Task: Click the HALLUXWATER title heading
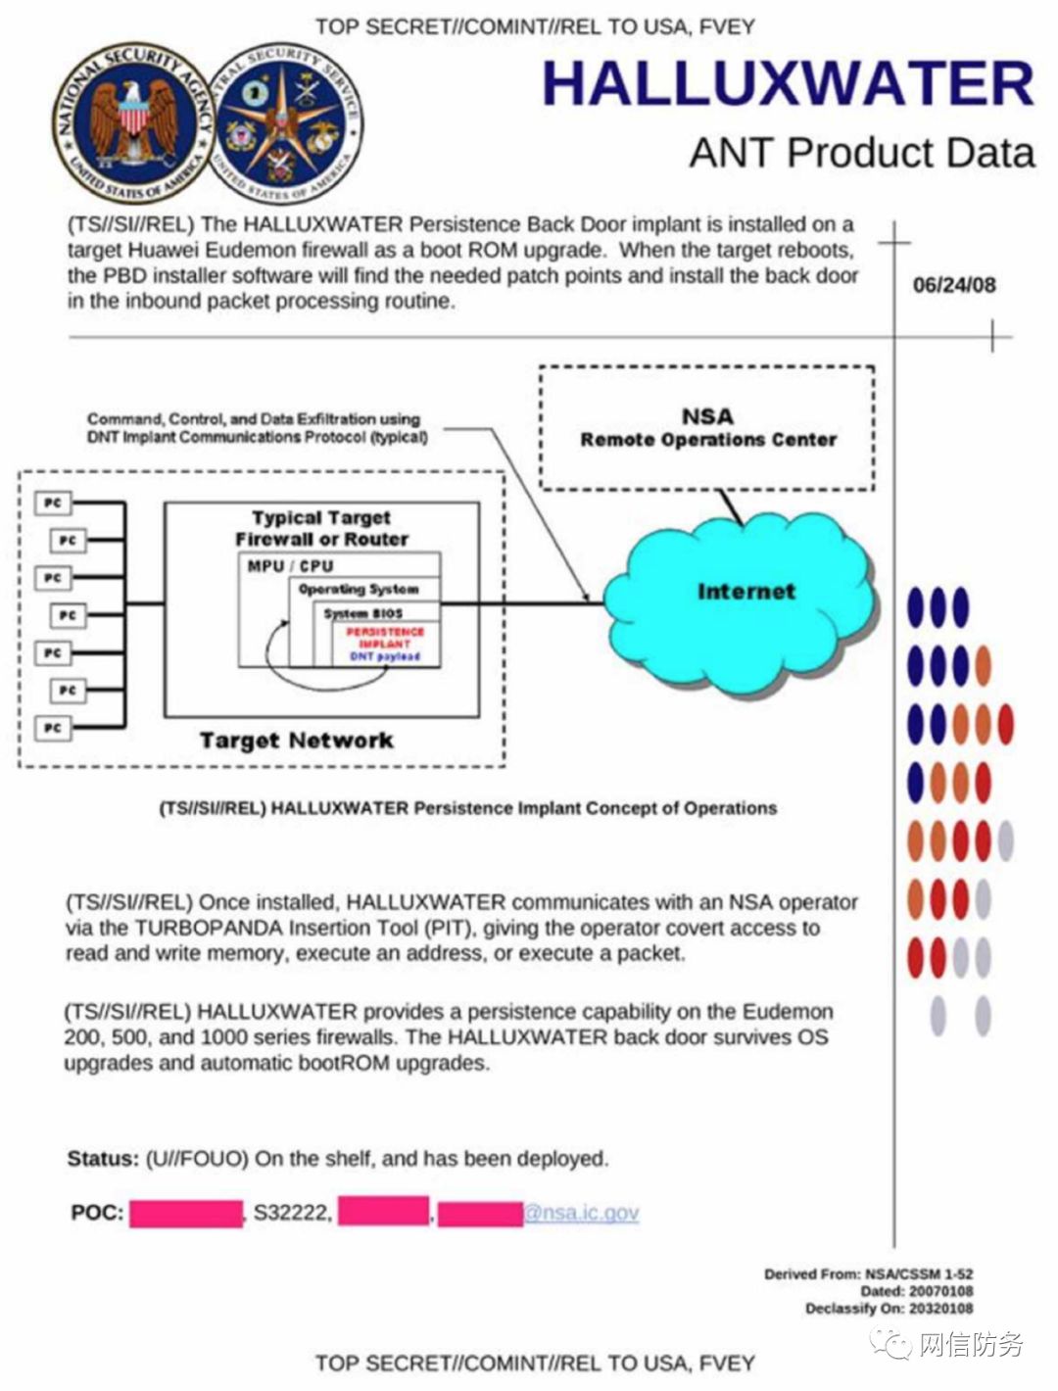(x=789, y=83)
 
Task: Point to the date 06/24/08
(x=954, y=285)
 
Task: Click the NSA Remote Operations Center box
(x=707, y=428)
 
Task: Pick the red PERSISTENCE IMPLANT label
(x=384, y=638)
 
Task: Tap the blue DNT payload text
(x=384, y=656)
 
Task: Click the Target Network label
(x=296, y=741)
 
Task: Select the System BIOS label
(x=363, y=613)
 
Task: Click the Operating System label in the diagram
(x=359, y=590)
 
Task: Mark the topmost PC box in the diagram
(x=53, y=503)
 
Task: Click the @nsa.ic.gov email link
(x=582, y=1213)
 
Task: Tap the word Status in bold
(x=102, y=1159)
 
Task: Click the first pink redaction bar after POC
(x=186, y=1213)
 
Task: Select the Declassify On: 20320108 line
(x=889, y=1309)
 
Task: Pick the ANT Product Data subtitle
(x=862, y=153)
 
